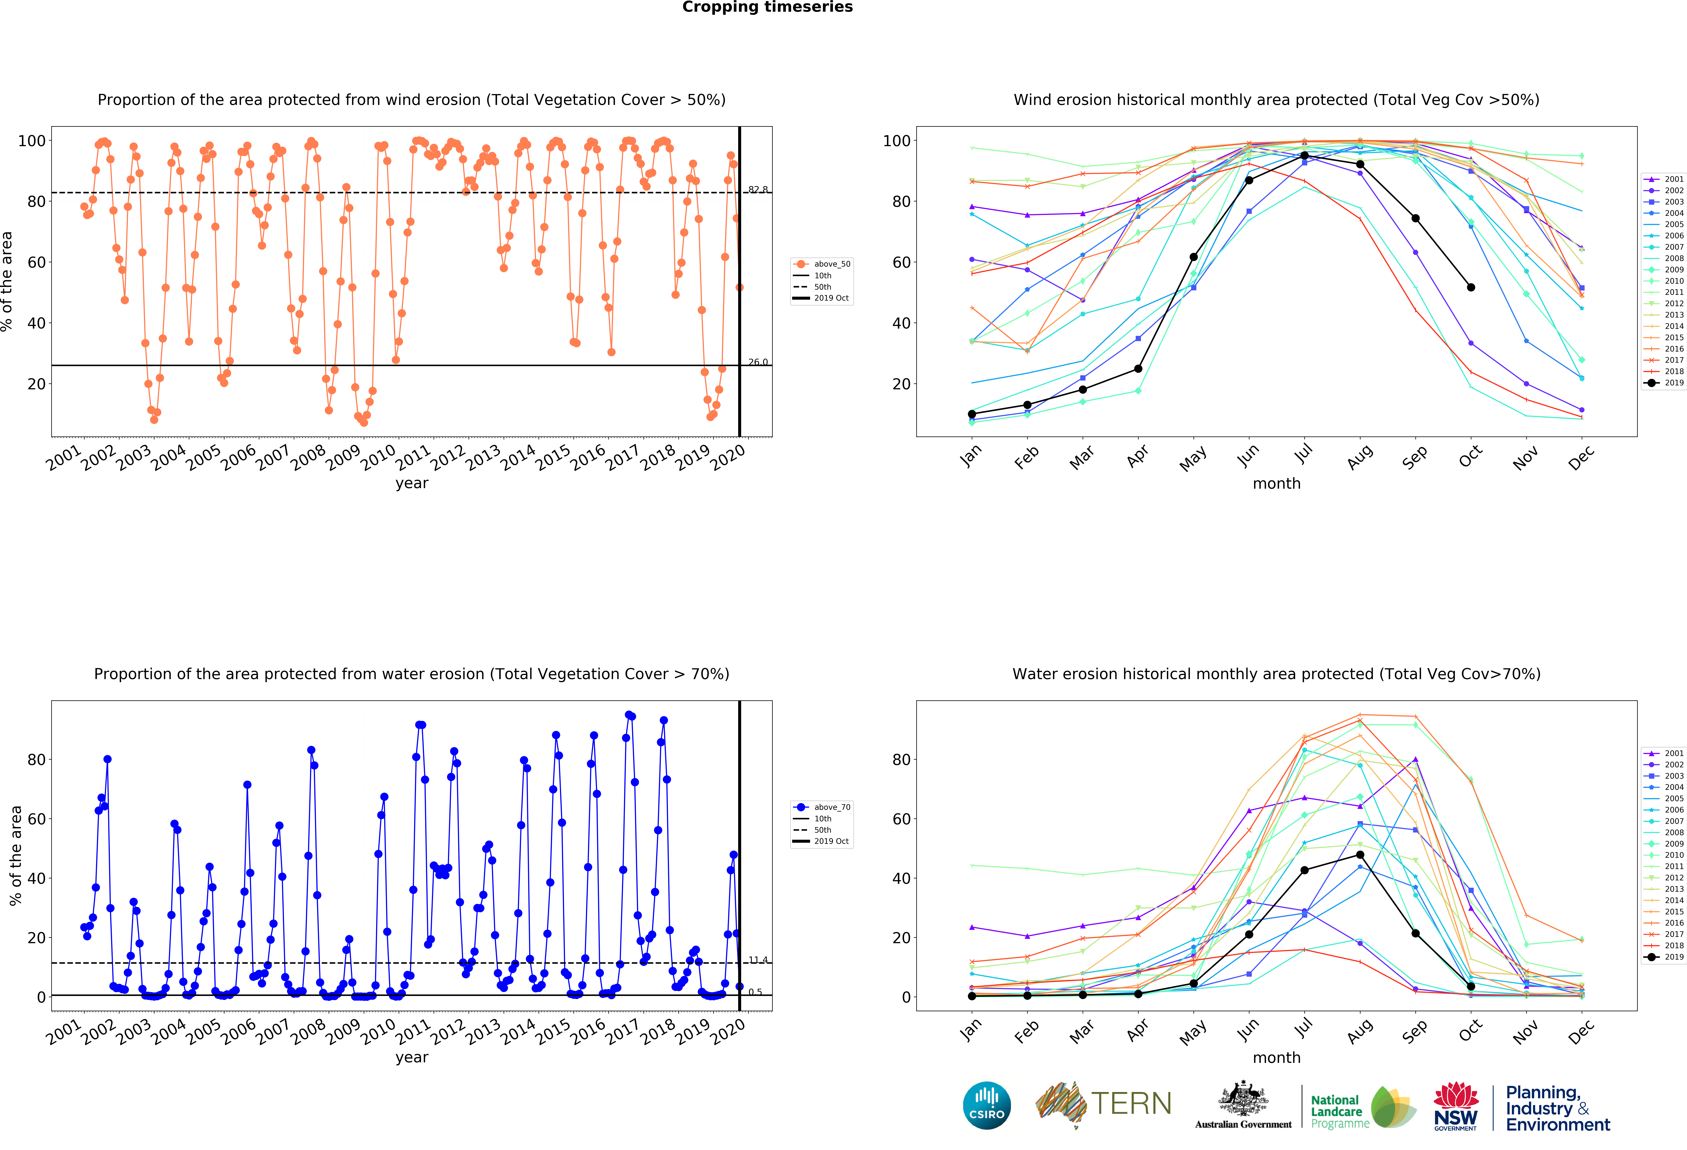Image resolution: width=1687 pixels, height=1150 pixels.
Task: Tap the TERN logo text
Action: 1131,1104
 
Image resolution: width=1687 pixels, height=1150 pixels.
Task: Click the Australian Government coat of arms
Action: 1244,1099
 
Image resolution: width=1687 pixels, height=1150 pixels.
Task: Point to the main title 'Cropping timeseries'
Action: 767,7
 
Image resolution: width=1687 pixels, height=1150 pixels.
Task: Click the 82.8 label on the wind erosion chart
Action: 758,190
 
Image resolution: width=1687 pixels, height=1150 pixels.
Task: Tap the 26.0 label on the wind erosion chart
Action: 758,362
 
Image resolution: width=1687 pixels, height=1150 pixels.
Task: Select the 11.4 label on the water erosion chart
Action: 758,960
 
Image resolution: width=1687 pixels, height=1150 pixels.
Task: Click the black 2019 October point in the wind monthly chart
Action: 1471,287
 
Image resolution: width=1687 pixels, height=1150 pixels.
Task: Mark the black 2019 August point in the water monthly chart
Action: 1360,854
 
